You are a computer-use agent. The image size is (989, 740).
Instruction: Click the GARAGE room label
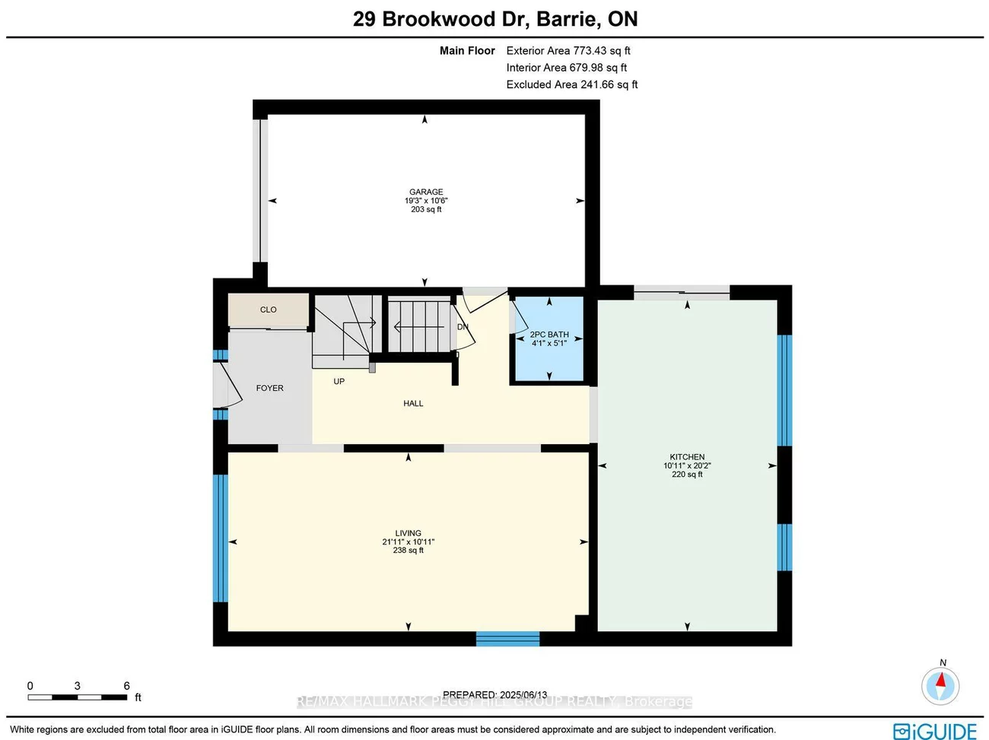[x=426, y=192]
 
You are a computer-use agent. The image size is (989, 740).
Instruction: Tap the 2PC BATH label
[x=549, y=335]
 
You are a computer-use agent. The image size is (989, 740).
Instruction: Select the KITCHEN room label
[x=687, y=457]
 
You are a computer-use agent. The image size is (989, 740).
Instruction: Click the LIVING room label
[x=409, y=533]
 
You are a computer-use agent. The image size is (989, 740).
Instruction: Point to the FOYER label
[x=269, y=388]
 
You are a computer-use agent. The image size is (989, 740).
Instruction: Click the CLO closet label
[x=269, y=310]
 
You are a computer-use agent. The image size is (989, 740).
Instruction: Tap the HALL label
[x=413, y=403]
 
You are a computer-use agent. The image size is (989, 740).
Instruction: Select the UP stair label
[x=339, y=381]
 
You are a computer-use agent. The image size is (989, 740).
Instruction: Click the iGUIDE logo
[x=935, y=731]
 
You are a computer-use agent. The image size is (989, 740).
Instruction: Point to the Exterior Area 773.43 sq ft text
[x=568, y=51]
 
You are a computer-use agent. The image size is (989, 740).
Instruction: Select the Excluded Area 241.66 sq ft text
[x=572, y=84]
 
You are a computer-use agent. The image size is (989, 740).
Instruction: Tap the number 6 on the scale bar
[x=127, y=686]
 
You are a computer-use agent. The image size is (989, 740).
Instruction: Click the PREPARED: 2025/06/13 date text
[x=494, y=694]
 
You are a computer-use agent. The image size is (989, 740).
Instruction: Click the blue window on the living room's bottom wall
[x=507, y=639]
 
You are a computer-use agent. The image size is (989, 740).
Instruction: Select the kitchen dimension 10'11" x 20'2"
[x=687, y=465]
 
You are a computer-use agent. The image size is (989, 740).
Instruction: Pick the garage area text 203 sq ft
[x=426, y=209]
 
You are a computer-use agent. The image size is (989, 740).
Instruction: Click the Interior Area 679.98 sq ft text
[x=567, y=68]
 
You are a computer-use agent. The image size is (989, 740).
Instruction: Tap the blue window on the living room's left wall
[x=221, y=538]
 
